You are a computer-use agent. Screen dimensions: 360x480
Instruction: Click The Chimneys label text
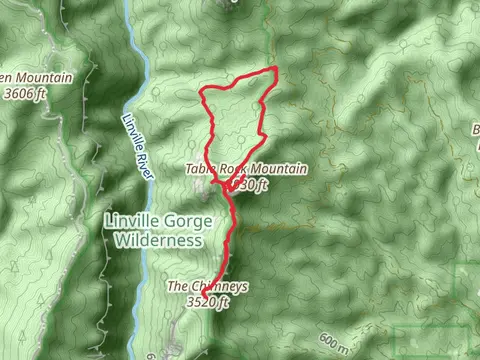coord(207,286)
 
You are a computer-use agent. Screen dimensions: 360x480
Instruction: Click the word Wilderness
coord(154,241)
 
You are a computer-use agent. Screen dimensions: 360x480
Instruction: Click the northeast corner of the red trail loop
coord(275,68)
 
